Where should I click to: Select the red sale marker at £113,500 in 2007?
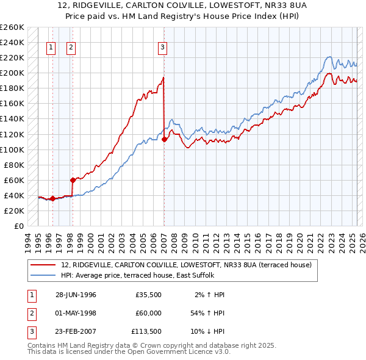[x=164, y=139]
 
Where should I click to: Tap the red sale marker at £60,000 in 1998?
[x=73, y=180]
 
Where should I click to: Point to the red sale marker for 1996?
[x=52, y=198]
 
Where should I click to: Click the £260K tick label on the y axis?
[x=12, y=27]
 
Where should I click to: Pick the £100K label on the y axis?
[x=12, y=149]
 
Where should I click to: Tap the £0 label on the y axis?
[x=18, y=226]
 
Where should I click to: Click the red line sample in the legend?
[x=43, y=265]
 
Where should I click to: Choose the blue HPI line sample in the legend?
[x=43, y=275]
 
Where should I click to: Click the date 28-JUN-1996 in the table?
[x=76, y=295]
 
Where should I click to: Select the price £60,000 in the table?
[x=148, y=313]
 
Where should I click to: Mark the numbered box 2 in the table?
[x=30, y=313]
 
